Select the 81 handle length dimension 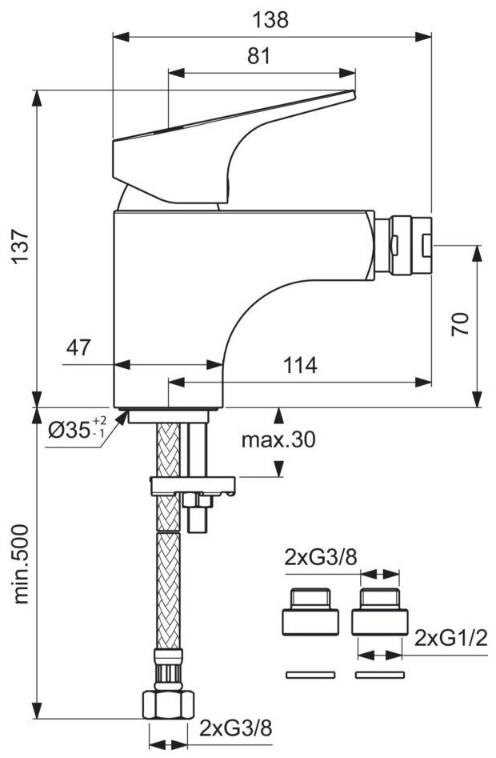point(260,57)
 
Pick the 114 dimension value point(299,366)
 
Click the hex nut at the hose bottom point(168,704)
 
